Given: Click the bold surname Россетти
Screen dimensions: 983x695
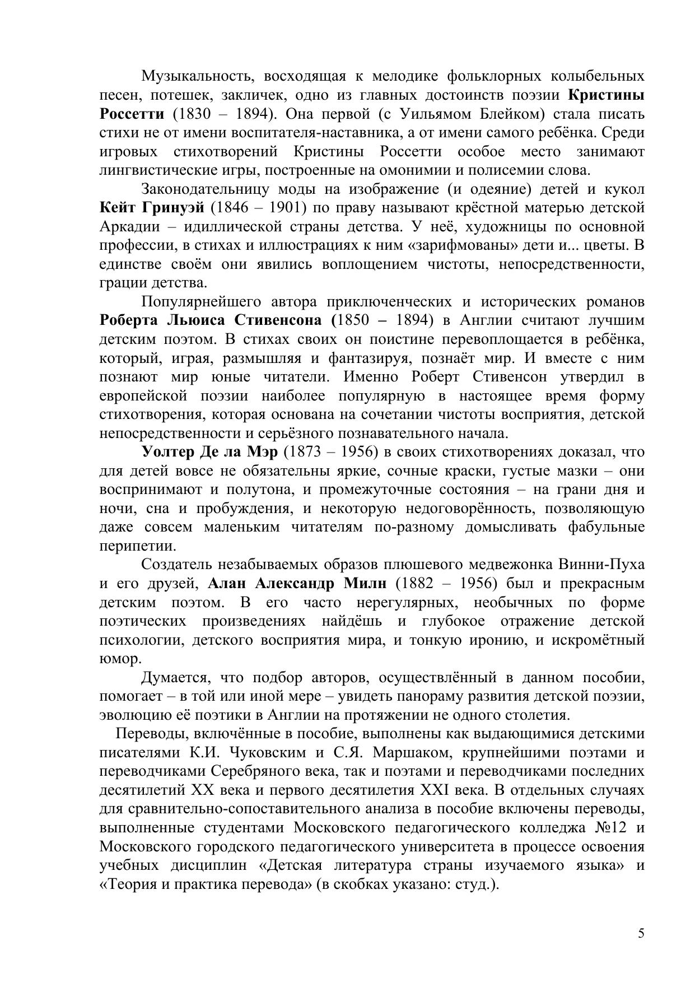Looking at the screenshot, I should (132, 114).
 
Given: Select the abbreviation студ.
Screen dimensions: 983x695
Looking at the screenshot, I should (478, 884).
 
